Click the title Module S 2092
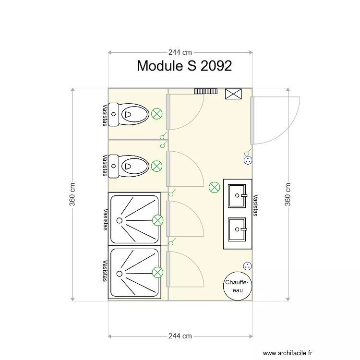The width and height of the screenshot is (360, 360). tap(184, 66)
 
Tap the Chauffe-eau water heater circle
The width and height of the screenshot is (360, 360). tap(237, 287)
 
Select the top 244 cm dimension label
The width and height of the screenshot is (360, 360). tap(180, 52)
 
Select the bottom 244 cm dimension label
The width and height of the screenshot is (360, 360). tap(180, 336)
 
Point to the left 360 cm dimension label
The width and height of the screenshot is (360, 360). tap(72, 194)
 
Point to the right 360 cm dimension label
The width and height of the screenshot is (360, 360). tap(288, 194)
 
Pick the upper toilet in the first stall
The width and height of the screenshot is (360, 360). tap(129, 114)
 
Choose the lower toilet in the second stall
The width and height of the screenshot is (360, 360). tap(129, 166)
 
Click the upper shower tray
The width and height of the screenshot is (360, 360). tap(134, 218)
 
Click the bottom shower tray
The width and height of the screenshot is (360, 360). tap(134, 272)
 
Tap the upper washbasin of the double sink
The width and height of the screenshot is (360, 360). tap(238, 195)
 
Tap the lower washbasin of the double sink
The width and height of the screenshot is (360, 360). tap(238, 229)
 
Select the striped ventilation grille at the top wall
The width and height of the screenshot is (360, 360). tap(205, 91)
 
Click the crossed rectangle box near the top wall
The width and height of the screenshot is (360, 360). tap(233, 94)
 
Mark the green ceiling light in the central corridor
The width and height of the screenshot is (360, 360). tap(214, 187)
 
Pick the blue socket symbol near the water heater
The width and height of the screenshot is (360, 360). tap(248, 265)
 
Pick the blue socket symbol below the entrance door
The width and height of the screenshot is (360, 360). tap(248, 160)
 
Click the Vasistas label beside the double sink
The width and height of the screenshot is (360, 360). tap(256, 205)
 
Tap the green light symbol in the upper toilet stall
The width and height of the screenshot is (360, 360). tap(156, 114)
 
